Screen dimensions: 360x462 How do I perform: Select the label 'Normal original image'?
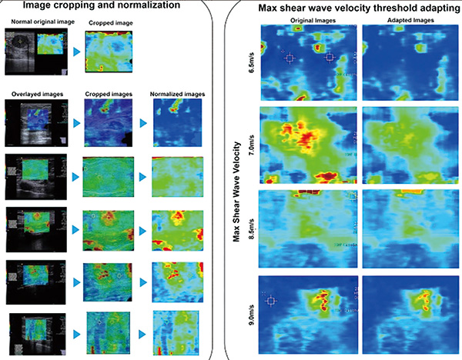(34, 22)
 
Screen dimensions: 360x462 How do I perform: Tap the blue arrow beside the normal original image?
(73, 52)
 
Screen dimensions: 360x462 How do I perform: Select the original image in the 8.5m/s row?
(306, 225)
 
